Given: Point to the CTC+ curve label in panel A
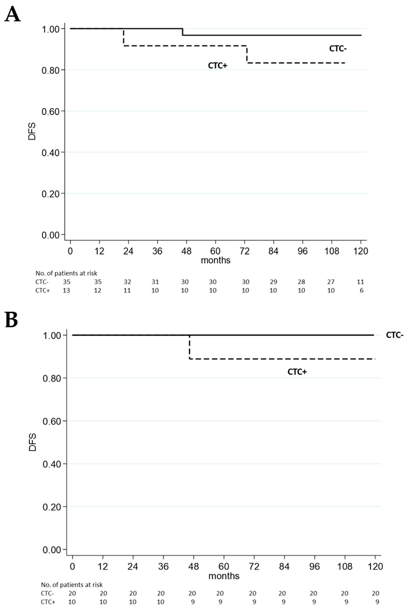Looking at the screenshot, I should click(x=217, y=65).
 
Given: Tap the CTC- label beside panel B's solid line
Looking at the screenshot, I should click(x=395, y=335).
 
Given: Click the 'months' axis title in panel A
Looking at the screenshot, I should click(x=215, y=260).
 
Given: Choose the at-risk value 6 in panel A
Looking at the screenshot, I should click(x=361, y=291).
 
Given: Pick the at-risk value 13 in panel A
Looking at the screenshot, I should click(x=66, y=291).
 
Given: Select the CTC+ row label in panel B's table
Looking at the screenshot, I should click(x=48, y=602).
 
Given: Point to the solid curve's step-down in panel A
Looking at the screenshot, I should click(x=183, y=32).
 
